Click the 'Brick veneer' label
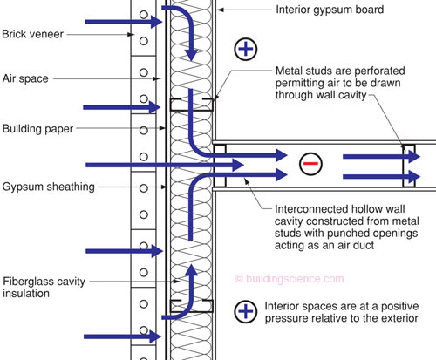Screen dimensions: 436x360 coord(32,34)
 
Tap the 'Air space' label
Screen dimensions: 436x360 coord(25,78)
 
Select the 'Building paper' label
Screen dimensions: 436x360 coord(37,129)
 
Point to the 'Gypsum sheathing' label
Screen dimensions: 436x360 coord(49,187)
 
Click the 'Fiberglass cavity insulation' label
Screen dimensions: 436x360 coord(44,288)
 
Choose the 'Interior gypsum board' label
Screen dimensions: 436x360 coord(330,10)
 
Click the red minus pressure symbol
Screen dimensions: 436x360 coord(310,164)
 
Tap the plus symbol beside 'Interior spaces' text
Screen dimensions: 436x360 coord(246,311)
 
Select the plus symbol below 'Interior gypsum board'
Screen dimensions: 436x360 coord(246,49)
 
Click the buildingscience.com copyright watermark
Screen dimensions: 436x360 coord(290,279)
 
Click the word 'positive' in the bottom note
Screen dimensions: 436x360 coord(399,306)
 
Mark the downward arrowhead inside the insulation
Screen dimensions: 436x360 coord(191,55)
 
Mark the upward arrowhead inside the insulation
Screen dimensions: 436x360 coord(191,270)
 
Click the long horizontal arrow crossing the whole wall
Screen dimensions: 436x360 coord(165,165)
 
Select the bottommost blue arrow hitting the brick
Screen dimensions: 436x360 coord(123,336)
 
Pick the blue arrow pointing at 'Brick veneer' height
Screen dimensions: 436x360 coord(124,22)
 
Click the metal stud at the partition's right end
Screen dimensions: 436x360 coord(409,166)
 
